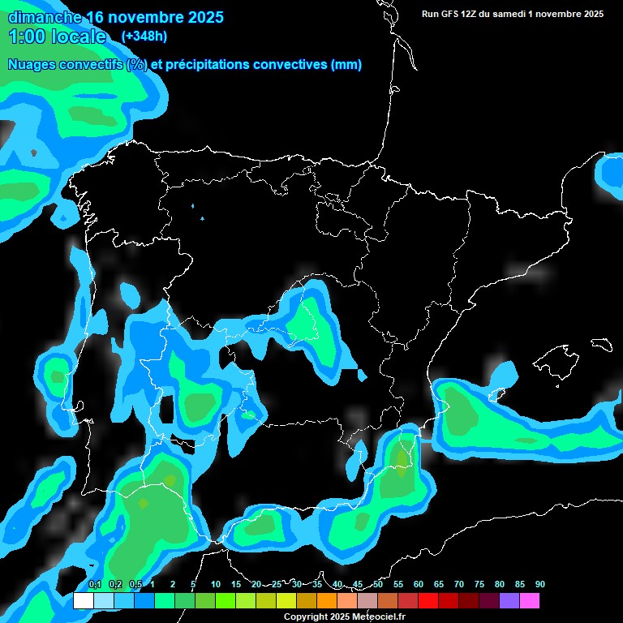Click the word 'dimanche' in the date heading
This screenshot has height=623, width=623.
coord(44,17)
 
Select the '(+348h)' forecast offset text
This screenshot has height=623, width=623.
coord(144,37)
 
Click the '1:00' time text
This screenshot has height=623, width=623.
coord(27,37)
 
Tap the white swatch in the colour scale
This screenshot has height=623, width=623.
coord(84,601)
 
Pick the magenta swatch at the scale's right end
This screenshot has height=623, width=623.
coord(530,601)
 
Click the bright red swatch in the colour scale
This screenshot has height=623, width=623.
coord(428,601)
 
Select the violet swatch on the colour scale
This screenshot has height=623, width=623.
coord(509,601)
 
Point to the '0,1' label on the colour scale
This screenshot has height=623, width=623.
coord(95,585)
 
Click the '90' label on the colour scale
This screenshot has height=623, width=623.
coord(540,585)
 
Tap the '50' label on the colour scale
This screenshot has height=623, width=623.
coord(378,585)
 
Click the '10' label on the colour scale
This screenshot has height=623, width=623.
coord(216,585)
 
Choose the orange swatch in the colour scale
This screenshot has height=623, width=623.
coord(327,601)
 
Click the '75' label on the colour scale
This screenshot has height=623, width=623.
coord(479,585)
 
